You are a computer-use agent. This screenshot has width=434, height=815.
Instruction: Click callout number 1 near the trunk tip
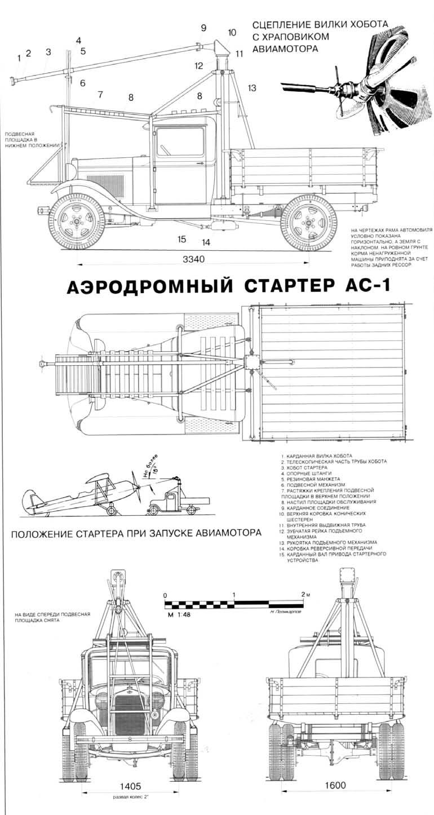tap(19, 57)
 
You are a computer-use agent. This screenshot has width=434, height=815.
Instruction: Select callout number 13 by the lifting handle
tap(251, 88)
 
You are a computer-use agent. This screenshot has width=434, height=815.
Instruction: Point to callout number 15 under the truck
tap(181, 240)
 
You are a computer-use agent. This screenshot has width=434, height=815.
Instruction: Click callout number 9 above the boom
tap(203, 28)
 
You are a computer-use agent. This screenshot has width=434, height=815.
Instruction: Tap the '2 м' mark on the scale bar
tap(305, 595)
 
